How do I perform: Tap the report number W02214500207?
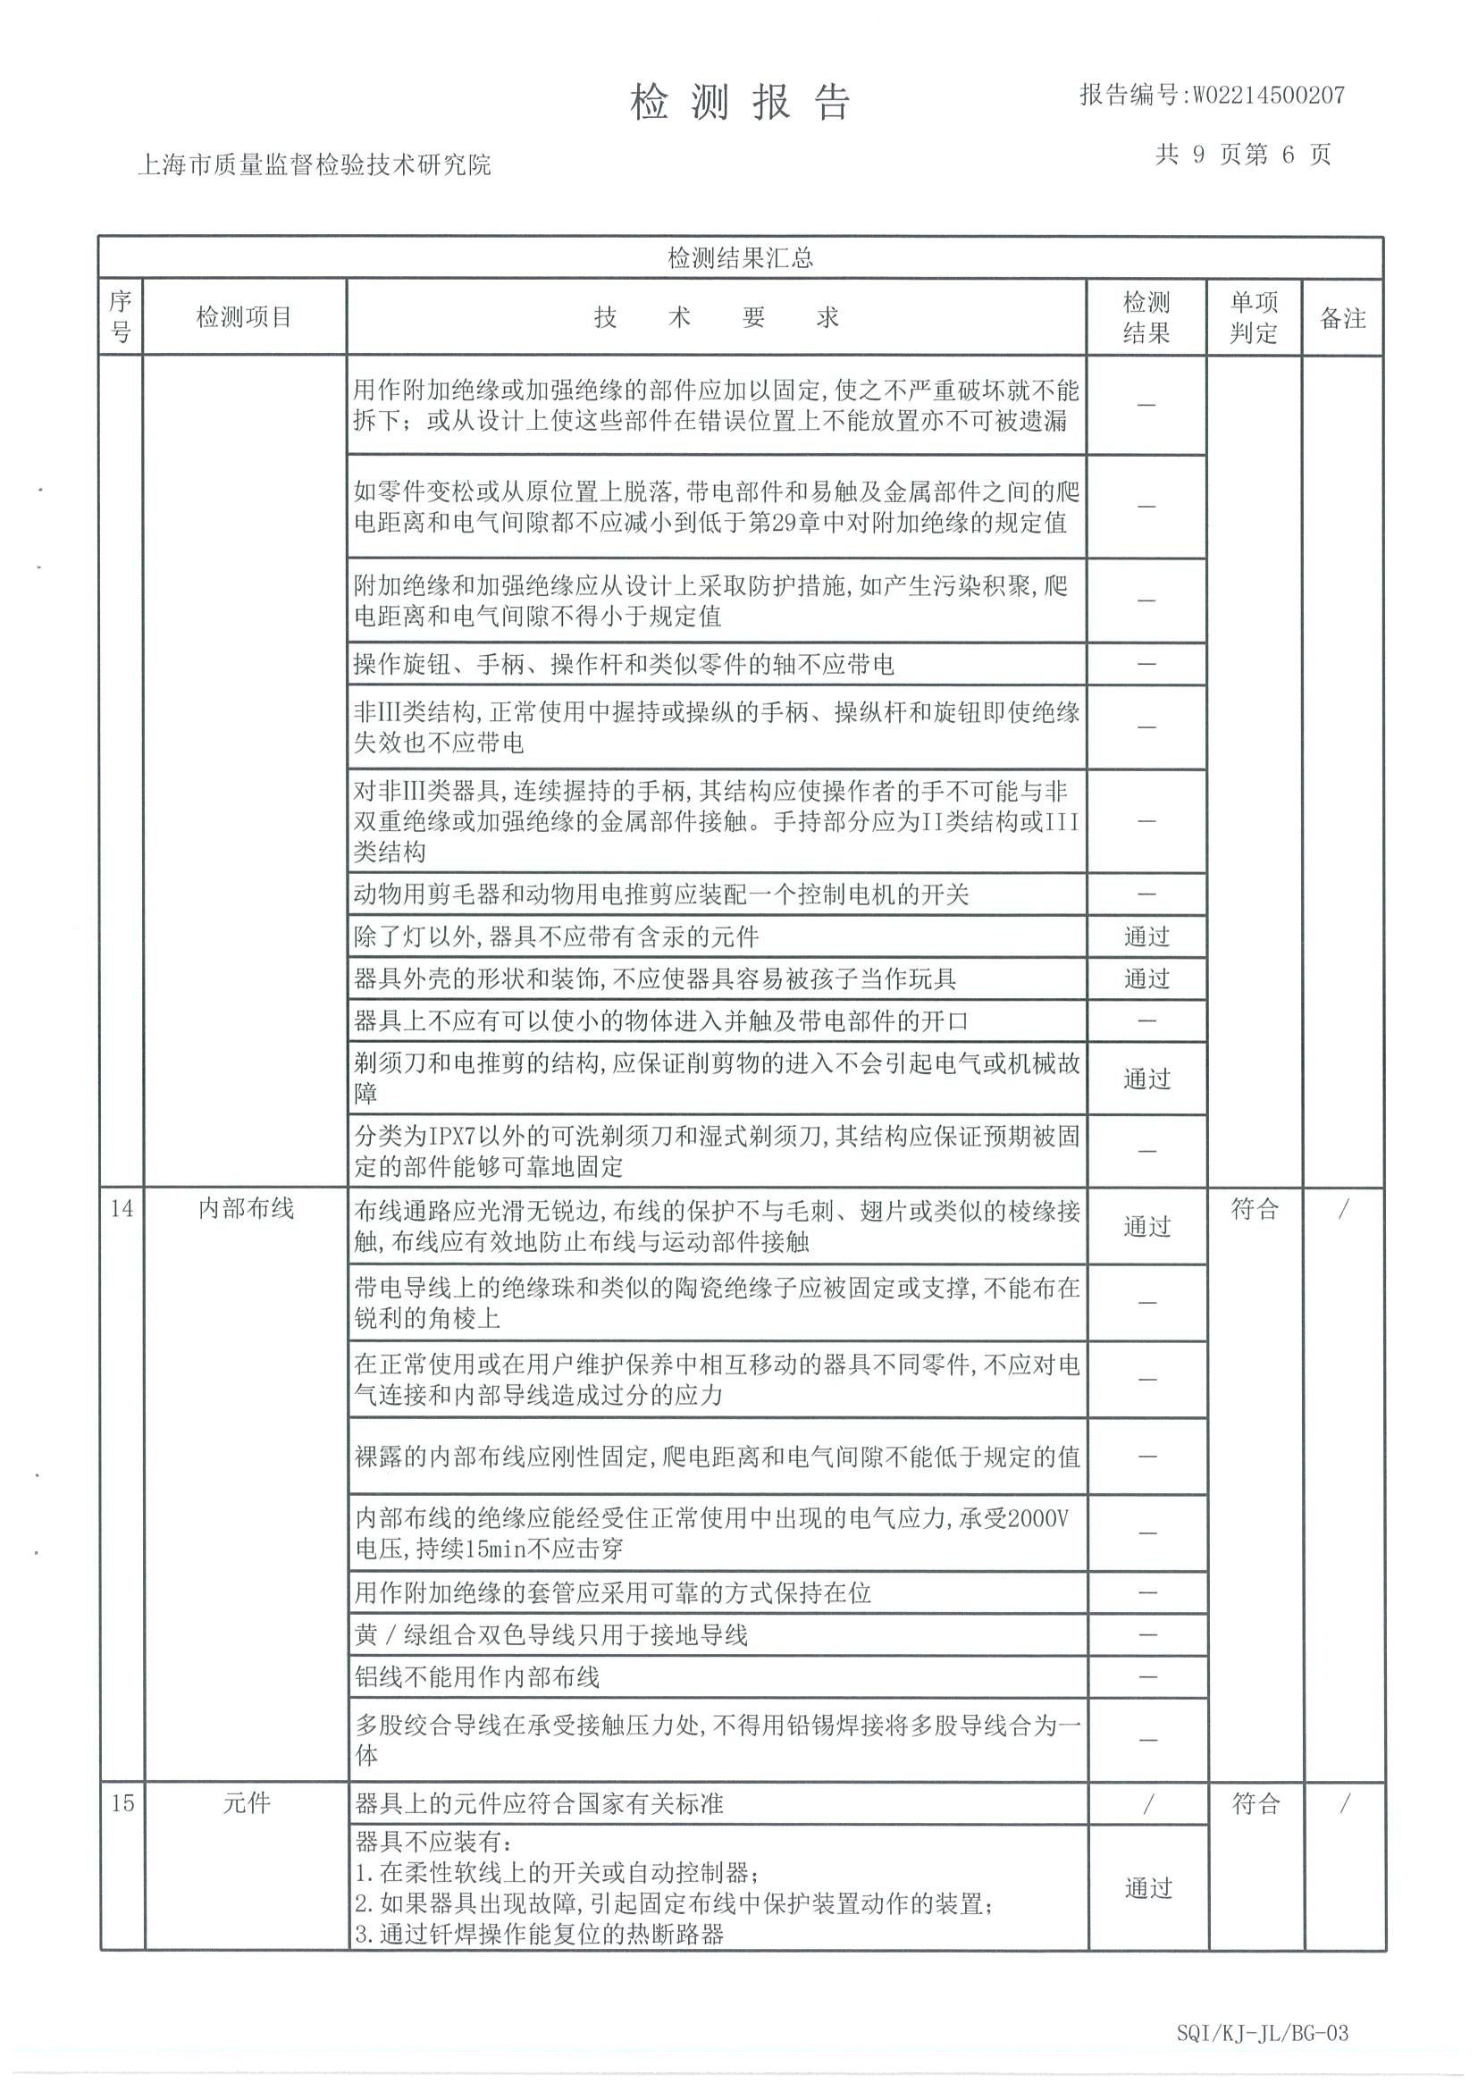(1211, 95)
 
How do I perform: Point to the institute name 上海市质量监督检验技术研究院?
(314, 164)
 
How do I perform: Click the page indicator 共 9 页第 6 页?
(1243, 155)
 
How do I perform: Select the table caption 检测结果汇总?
(740, 258)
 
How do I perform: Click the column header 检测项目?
(244, 317)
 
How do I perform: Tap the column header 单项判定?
(1253, 317)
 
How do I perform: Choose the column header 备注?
(1342, 318)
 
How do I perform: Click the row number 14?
(122, 1208)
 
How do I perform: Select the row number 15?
(122, 1803)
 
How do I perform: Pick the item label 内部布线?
(246, 1208)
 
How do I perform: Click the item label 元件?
(246, 1803)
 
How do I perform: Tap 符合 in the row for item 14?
(1254, 1209)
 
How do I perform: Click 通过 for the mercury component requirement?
(1146, 936)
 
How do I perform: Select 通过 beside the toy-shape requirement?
(1146, 979)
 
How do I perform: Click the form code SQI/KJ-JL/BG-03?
(1261, 2033)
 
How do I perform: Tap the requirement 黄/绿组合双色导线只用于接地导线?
(551, 1634)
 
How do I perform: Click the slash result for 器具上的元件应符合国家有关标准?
(1147, 1803)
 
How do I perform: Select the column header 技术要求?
(716, 317)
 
